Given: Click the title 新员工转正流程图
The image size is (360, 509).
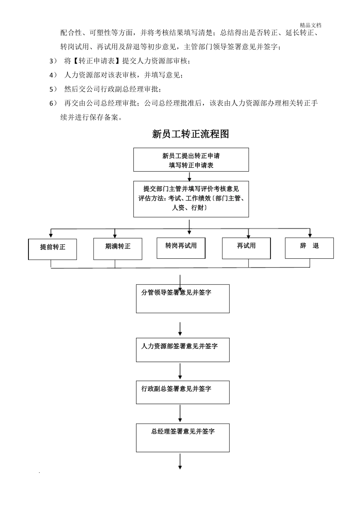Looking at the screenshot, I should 190,134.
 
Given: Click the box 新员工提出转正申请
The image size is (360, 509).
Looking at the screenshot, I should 191,160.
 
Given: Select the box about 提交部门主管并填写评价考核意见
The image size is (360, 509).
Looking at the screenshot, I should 191,199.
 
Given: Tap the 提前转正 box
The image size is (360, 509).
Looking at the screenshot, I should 53,249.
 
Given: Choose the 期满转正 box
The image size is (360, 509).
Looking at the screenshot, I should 118,249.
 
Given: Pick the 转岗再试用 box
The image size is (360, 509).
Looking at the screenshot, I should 181,248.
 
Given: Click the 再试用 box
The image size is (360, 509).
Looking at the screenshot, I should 246,248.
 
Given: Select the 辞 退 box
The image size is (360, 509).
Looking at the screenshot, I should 309,248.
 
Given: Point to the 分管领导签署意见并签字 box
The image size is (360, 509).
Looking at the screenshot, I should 183,298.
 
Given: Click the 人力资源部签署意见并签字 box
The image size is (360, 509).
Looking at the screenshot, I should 183,350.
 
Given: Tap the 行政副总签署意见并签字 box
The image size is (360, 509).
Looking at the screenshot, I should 183,392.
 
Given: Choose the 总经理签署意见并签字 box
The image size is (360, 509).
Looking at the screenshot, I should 183,438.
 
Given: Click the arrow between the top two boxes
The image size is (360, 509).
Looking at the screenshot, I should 189,176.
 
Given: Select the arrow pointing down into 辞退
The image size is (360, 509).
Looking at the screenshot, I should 310,233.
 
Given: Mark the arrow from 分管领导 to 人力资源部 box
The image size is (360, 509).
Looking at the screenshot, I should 180,328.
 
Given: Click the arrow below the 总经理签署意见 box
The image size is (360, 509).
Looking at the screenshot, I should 180,462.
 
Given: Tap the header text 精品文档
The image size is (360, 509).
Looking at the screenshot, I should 310,25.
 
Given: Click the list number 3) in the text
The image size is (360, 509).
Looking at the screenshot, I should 53,61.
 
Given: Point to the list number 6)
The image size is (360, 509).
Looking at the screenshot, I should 53,103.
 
